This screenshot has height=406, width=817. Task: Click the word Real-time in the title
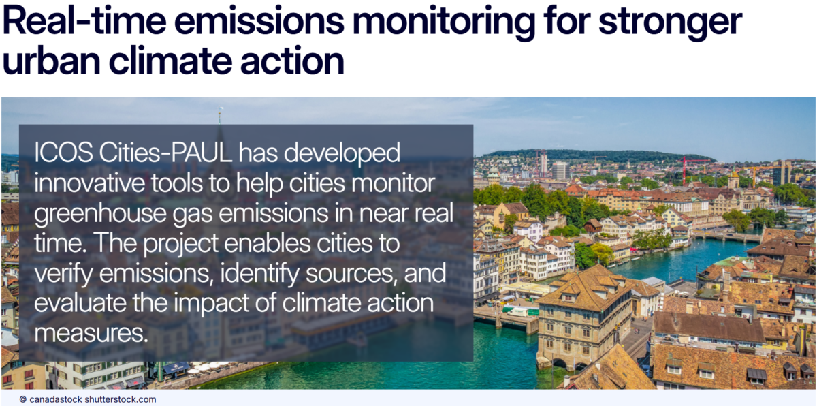coord(84,21)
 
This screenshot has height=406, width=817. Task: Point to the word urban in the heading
coord(51,60)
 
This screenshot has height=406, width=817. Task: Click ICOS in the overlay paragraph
coord(63,153)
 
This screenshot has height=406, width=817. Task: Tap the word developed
coord(342,154)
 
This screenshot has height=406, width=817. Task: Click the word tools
coord(176,183)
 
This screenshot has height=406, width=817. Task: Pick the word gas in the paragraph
coord(192,216)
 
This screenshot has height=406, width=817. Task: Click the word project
coord(180,245)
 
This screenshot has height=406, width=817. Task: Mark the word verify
coord(63,275)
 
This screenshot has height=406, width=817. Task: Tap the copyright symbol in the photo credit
coord(23,399)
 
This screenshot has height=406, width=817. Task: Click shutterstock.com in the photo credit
coord(120,399)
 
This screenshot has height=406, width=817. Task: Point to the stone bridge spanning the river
coord(726,237)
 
